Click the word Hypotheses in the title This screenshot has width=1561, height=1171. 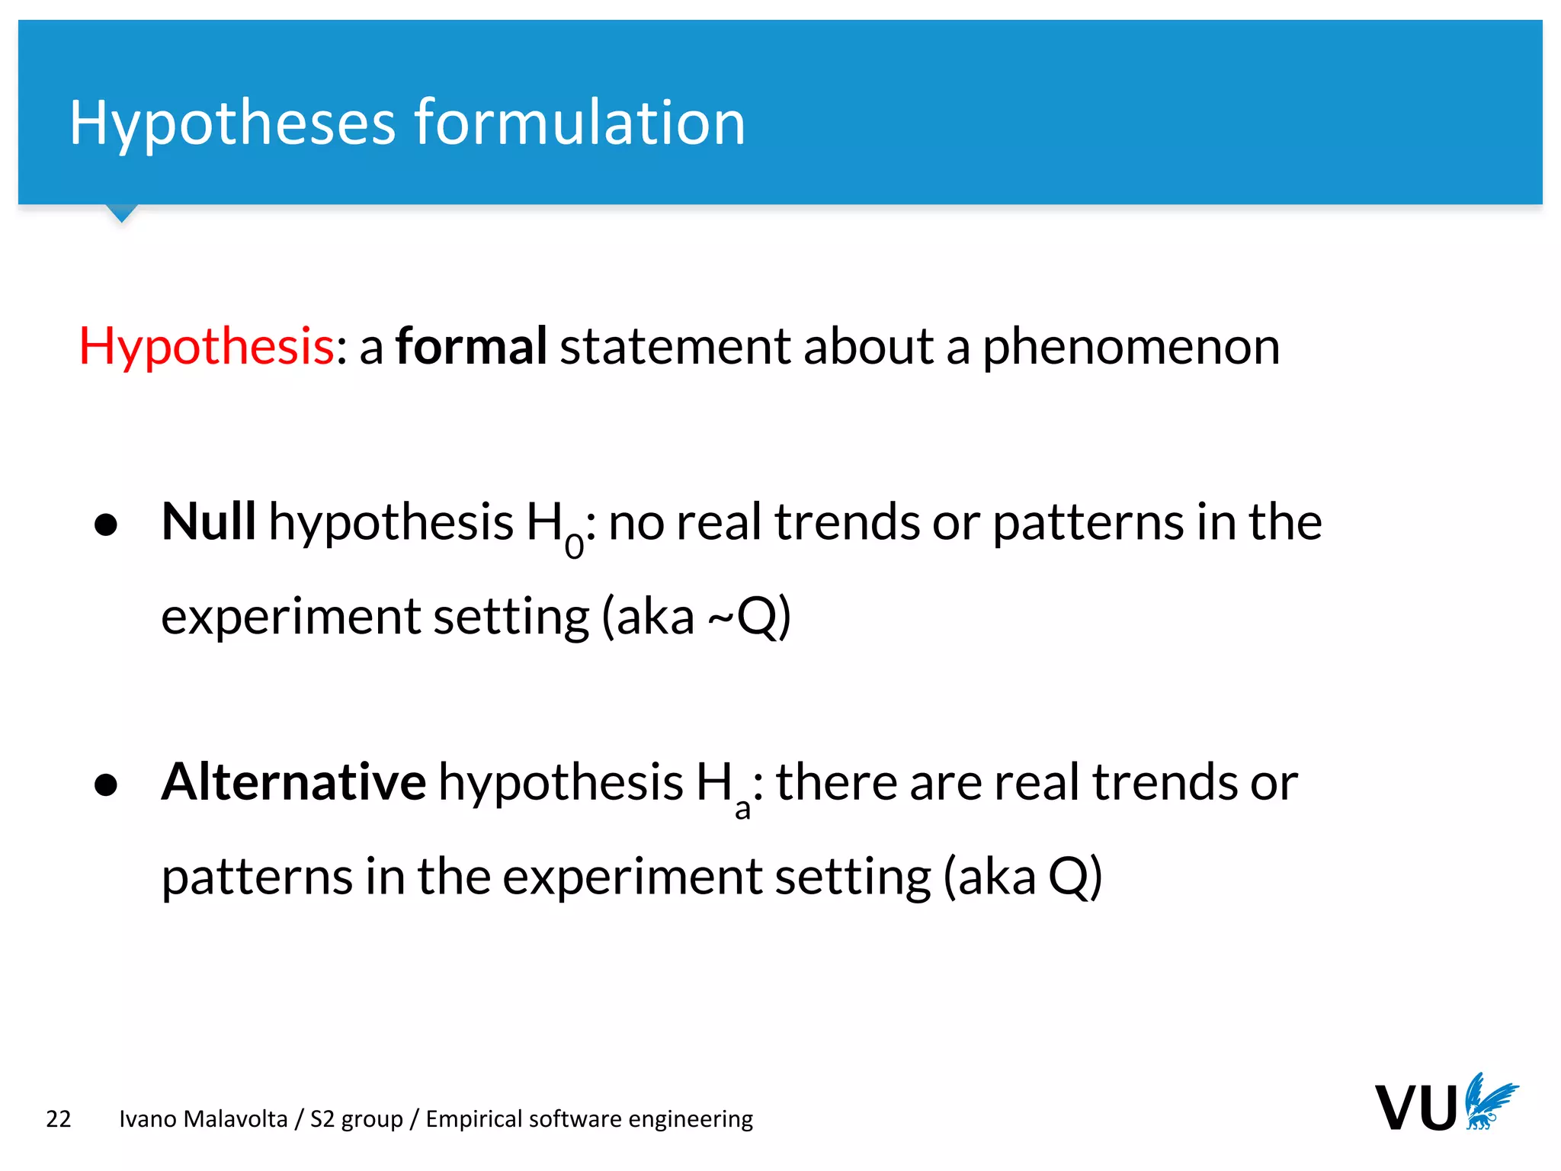[232, 124]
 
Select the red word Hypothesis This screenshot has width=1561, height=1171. [206, 347]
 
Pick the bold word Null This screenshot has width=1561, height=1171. [208, 522]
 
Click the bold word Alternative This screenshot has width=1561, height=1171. [293, 782]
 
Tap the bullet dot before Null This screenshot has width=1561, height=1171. [106, 525]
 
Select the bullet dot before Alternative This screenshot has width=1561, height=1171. [106, 785]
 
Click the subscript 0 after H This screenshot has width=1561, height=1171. [574, 546]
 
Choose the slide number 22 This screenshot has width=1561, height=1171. [59, 1119]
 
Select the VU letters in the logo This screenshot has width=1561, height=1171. [1415, 1108]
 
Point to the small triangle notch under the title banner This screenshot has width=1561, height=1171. [121, 213]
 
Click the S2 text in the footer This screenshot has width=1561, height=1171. [322, 1119]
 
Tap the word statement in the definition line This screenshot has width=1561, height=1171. [674, 347]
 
